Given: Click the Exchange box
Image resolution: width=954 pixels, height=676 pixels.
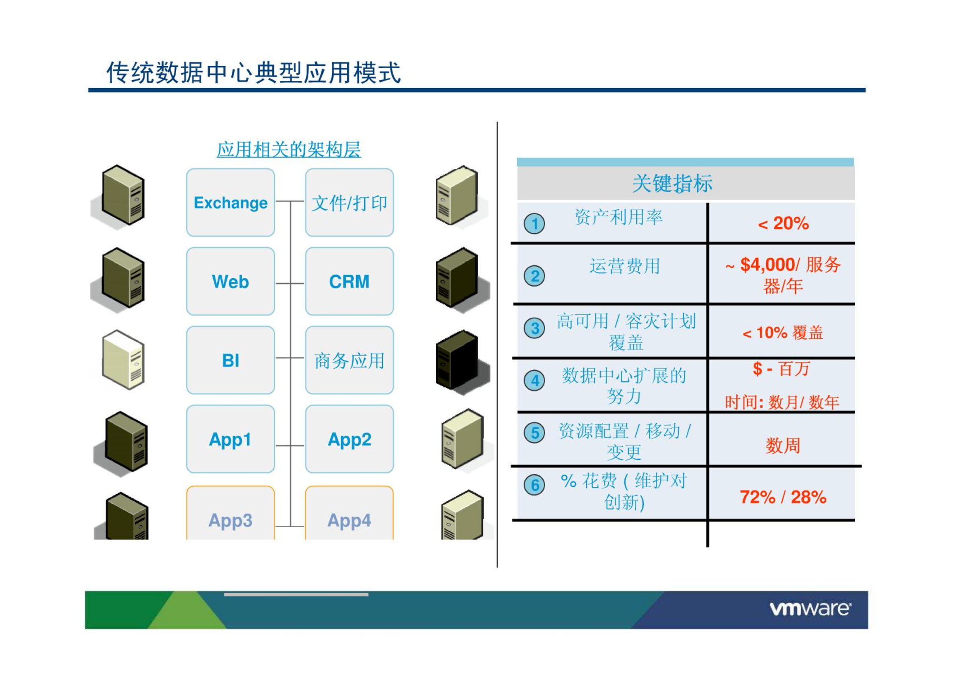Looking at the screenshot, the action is point(230,202).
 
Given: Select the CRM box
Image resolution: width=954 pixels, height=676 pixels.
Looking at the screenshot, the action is point(349,281).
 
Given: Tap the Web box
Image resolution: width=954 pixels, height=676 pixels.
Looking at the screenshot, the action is point(230,281).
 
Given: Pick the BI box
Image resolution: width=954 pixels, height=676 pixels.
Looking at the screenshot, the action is point(230,360).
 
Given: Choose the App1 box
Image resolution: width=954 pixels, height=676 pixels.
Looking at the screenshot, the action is point(230,439).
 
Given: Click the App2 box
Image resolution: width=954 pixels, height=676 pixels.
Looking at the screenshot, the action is point(349,439).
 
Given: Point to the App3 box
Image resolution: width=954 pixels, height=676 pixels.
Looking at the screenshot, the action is point(230,513).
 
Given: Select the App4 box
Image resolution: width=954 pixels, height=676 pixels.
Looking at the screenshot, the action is point(349,513).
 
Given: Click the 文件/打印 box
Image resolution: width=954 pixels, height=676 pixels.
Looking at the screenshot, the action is point(349,202).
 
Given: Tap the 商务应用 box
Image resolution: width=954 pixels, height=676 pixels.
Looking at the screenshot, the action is point(349,360).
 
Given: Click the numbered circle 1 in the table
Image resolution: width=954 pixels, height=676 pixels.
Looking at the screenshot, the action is point(534,223).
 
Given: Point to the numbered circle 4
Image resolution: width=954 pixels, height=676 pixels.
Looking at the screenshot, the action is point(534,380).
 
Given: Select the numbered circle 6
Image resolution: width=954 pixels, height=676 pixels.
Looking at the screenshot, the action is point(534,485).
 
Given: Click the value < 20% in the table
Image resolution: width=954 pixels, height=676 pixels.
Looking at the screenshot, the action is point(783,223).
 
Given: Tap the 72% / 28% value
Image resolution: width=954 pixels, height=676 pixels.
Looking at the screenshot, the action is point(783,497).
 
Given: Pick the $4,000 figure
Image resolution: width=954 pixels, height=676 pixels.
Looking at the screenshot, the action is point(767,265).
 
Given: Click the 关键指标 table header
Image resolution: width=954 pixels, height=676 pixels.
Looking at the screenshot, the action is point(673,184).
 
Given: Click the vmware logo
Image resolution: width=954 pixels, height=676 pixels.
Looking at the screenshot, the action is point(810,609).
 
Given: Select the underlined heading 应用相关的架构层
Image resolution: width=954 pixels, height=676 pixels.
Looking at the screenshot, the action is point(289,150).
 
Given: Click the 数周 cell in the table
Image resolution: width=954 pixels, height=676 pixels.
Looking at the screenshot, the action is point(783,446).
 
